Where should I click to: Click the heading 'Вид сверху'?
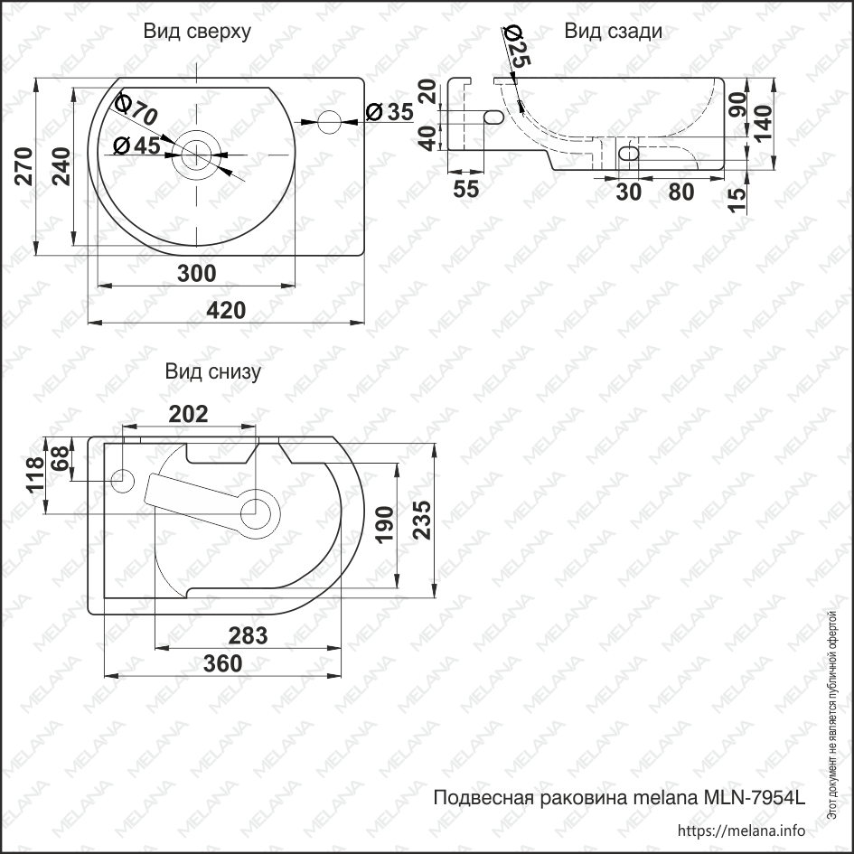point(197,32)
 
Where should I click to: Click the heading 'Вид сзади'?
point(613,32)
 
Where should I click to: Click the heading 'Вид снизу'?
point(212,371)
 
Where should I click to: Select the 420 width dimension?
point(226,310)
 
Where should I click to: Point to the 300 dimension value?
point(196,273)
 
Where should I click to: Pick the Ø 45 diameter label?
point(136,145)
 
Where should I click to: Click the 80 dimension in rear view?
point(681,192)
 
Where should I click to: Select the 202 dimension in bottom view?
point(189,414)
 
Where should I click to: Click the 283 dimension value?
point(248,635)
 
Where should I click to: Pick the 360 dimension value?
point(222,663)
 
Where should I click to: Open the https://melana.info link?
point(741,831)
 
